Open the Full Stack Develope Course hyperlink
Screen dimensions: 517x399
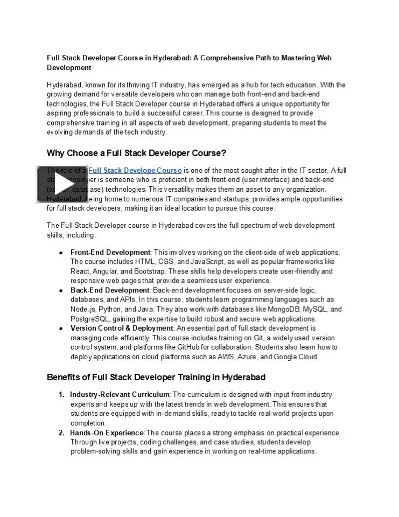[x=135, y=171]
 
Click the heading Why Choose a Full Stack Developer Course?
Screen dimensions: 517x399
[x=136, y=153]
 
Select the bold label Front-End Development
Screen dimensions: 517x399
[x=110, y=252]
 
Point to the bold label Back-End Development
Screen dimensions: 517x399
[x=110, y=290]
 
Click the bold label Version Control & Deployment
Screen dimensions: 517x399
[x=122, y=328]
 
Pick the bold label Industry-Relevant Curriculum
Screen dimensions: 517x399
[x=120, y=395]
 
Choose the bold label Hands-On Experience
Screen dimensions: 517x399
[x=107, y=432]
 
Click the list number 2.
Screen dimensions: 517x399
[x=61, y=432]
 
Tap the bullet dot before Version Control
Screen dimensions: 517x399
[x=61, y=329]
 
